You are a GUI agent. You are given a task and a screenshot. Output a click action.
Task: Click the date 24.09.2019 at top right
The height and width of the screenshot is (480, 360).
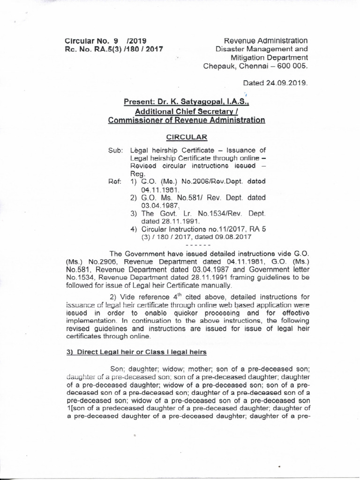coord(291,82)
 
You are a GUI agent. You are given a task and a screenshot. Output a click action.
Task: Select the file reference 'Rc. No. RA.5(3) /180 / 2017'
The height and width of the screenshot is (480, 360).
coord(113,49)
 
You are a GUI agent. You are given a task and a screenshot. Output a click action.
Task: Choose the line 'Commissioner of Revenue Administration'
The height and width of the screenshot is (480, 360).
coord(186,120)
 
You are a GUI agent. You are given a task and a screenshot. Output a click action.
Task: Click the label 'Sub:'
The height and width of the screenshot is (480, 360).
coord(115,150)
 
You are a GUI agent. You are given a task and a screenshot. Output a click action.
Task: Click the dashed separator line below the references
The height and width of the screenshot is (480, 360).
coord(199,245)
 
